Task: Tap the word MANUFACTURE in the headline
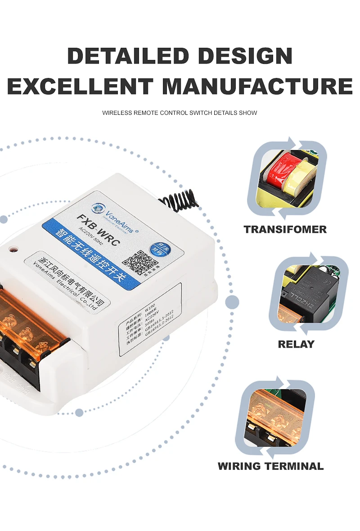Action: tap(257, 86)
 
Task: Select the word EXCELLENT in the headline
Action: tap(80, 86)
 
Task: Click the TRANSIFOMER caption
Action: tap(285, 229)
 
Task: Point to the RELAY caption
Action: tap(296, 344)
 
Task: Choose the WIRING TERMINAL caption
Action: tap(270, 466)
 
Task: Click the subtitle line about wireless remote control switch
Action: tap(180, 113)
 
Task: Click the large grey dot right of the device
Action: tap(232, 302)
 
